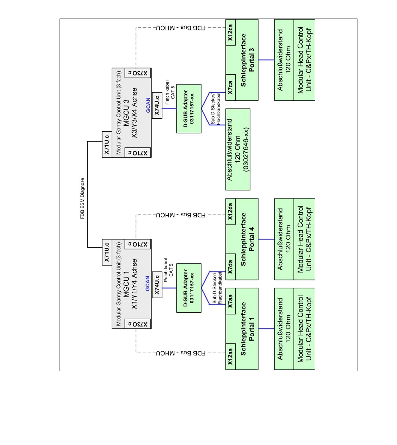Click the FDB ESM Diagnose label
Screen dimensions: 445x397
[x=83, y=199]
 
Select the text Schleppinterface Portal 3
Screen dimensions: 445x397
[x=248, y=60]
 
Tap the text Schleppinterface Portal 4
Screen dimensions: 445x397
[x=248, y=239]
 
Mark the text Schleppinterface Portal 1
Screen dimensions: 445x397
[x=248, y=329]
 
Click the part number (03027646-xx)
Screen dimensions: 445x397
[x=246, y=150]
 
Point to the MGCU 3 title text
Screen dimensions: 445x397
[x=126, y=113]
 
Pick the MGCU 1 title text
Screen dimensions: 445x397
[x=126, y=284]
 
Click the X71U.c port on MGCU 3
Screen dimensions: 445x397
[x=107, y=145]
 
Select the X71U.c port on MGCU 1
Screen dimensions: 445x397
[x=107, y=252]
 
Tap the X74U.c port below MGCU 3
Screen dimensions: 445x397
[x=157, y=105]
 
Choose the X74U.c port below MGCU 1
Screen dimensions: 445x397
[x=157, y=284]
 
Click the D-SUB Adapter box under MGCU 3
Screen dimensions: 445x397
[x=189, y=109]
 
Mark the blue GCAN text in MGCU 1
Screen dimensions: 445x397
[x=148, y=284]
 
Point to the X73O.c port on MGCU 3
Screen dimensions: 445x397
[x=138, y=73]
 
